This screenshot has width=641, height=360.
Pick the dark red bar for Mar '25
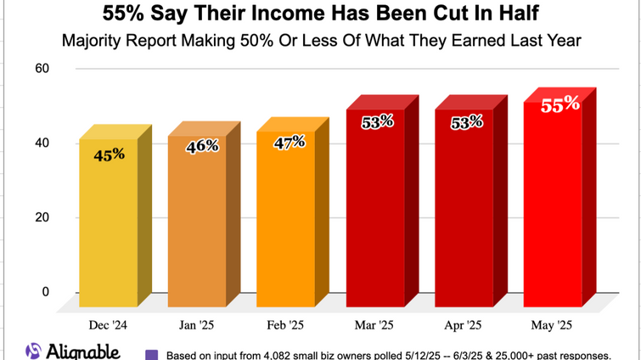pos(375,212)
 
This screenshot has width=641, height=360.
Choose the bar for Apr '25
pos(464,212)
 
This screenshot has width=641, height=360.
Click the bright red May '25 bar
pos(553,208)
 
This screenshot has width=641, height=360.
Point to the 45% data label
pos(109,154)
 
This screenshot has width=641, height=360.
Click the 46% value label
pos(202,146)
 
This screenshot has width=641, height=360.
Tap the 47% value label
pos(289,143)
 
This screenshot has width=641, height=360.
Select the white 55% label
pos(560,104)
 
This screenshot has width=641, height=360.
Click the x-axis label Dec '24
pos(109,325)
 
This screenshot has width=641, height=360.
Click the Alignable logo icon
pos(33,351)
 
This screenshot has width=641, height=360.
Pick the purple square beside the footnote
pos(152,354)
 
